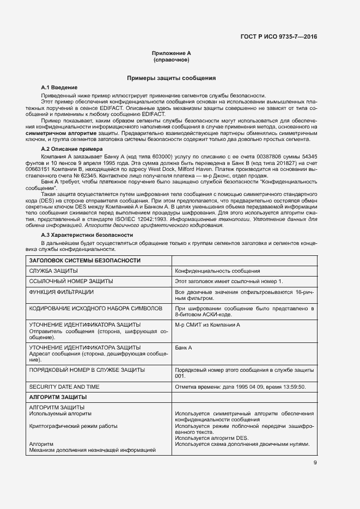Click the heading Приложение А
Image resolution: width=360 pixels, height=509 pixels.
coord(171,53)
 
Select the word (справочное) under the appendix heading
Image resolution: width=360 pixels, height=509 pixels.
coord(171,59)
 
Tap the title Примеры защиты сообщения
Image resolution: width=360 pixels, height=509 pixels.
coord(171,78)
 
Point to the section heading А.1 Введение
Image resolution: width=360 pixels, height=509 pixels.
coord(59,88)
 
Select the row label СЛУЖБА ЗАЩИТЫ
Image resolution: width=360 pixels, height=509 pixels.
coord(53,271)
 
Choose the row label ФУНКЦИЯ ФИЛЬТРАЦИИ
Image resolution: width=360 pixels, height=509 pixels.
coord(61,292)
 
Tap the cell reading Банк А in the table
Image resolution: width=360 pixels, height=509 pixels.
coord(184,347)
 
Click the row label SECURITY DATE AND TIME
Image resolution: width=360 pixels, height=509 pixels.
coord(64,387)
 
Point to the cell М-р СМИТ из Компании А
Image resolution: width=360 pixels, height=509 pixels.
coord(207,325)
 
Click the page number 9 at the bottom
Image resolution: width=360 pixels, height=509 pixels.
coord(315,463)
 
